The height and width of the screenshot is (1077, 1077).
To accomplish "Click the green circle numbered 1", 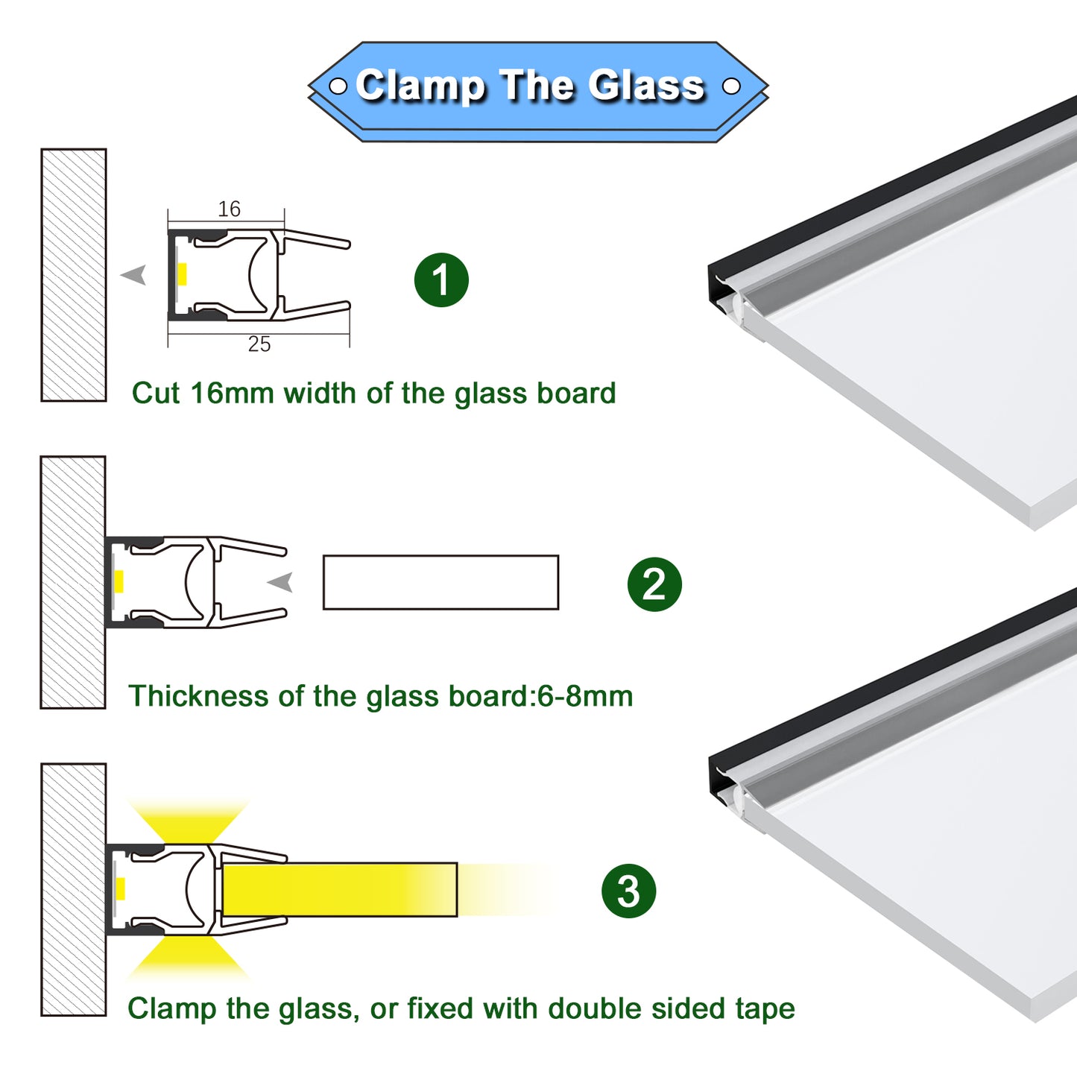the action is coord(441,279).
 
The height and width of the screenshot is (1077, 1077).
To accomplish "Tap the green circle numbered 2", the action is coord(654,584).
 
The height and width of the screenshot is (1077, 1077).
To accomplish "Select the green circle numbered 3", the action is coord(629,891).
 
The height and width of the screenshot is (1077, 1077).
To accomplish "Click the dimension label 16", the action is coord(229,209).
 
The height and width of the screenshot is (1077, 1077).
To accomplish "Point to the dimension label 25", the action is coord(259,344).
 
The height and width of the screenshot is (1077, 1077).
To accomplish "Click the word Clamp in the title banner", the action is coord(421,86).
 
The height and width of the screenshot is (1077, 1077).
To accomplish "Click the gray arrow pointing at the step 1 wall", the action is coord(133,275).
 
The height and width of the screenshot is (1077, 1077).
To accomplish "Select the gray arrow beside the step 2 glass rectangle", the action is coord(280,582).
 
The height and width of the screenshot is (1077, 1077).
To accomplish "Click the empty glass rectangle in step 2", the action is coord(441,582).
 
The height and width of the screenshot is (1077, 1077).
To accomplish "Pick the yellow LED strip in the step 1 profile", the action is coord(182,274).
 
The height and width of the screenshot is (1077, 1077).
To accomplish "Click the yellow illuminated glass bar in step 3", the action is coord(340,890).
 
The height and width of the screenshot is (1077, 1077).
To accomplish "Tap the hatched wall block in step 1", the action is coord(74,275).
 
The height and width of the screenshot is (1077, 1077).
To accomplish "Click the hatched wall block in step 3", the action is coord(74,890).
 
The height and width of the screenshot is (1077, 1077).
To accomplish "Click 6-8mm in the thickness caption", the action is coord(585,696).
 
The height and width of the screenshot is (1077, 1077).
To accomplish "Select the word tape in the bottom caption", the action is coord(765,1009).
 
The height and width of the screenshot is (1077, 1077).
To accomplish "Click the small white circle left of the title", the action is coord(338,86).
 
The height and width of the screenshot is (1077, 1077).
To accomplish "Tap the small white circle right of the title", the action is coord(731,86).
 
